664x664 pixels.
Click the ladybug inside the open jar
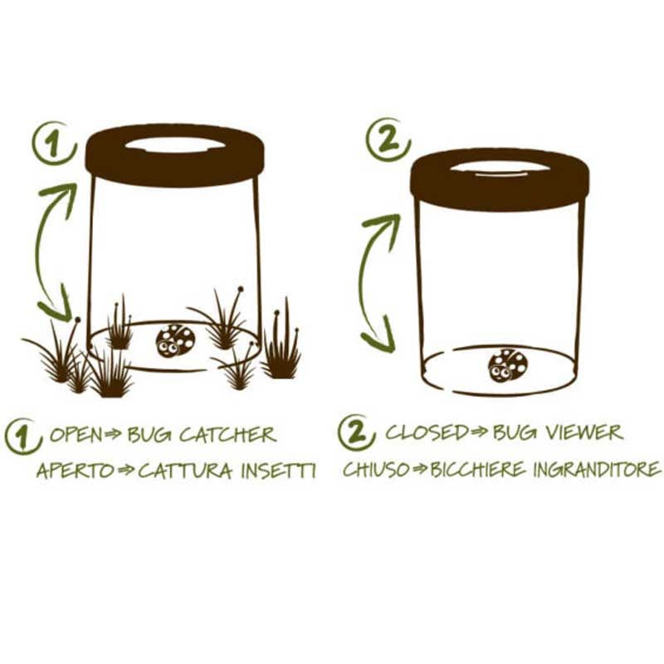(175, 340)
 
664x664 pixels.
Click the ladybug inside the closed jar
(508, 365)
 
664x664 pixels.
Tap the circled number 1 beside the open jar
(55, 143)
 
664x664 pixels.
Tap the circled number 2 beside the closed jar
(388, 139)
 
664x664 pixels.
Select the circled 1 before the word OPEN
(22, 437)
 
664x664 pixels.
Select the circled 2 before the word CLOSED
(356, 432)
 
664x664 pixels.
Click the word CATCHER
(227, 435)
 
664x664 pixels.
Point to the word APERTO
(76, 471)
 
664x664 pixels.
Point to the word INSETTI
(278, 471)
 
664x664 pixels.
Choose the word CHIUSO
(376, 469)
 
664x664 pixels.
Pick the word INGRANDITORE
(596, 469)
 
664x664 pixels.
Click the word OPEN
(76, 435)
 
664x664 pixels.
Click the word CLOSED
(427, 432)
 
